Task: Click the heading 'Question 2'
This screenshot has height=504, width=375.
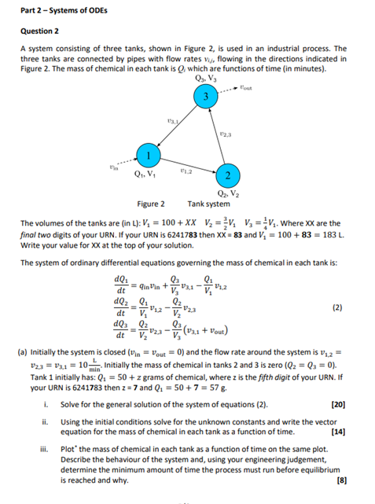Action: (40, 31)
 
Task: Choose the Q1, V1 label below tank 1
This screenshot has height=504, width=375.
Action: (143, 175)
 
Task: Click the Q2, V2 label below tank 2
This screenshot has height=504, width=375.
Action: (226, 193)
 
